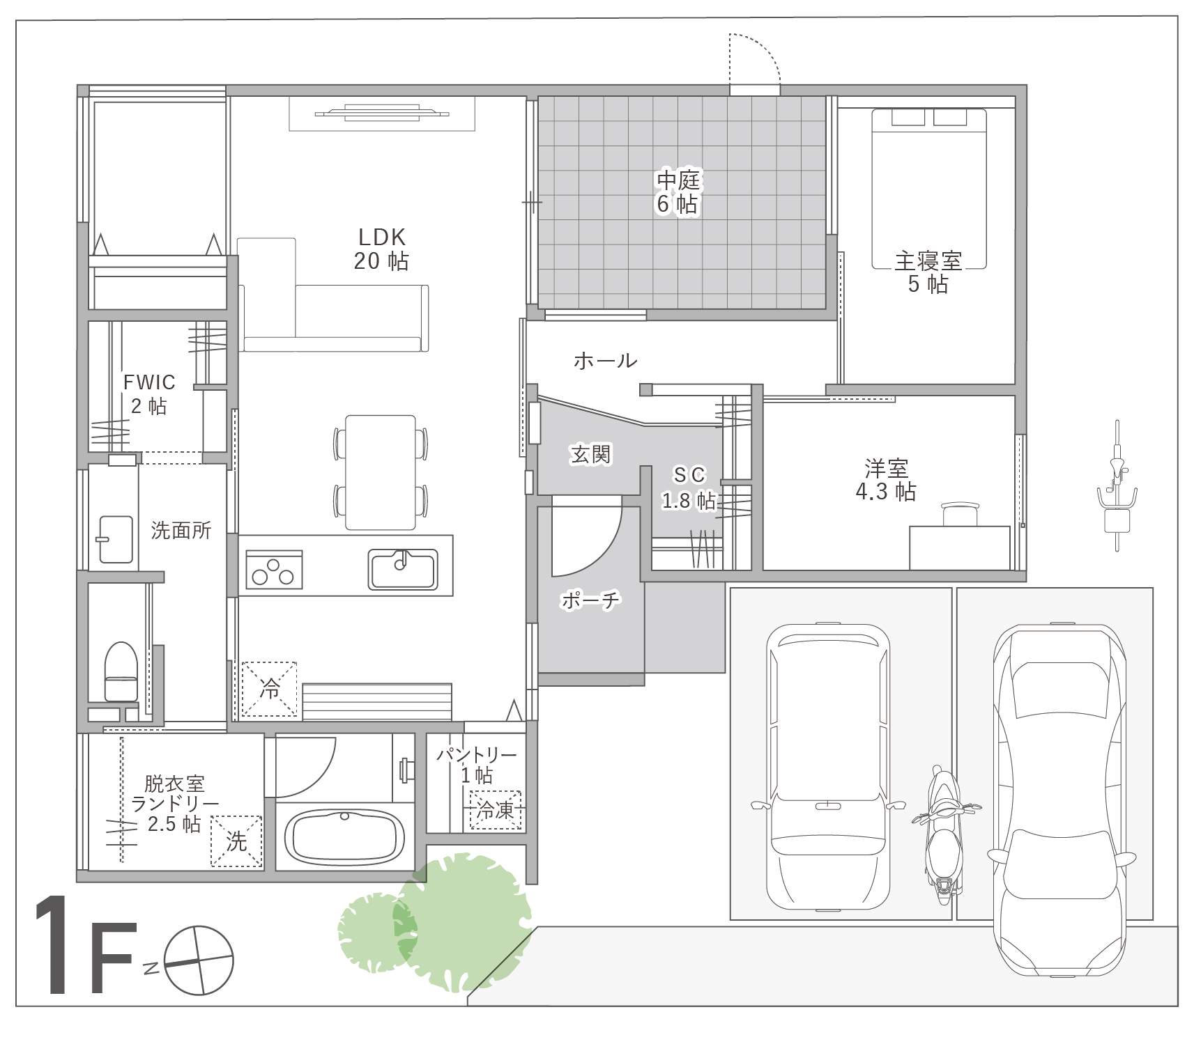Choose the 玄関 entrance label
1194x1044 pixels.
590,455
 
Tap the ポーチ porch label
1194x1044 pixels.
590,600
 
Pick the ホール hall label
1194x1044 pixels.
605,360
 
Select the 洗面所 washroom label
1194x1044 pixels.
181,531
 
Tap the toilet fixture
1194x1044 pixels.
120,671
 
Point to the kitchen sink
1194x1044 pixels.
403,569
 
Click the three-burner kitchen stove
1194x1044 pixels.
274,569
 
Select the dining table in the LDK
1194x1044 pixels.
381,472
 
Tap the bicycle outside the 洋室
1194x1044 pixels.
1117,485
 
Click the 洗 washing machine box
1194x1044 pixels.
237,841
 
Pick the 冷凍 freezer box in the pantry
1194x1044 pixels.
496,810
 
